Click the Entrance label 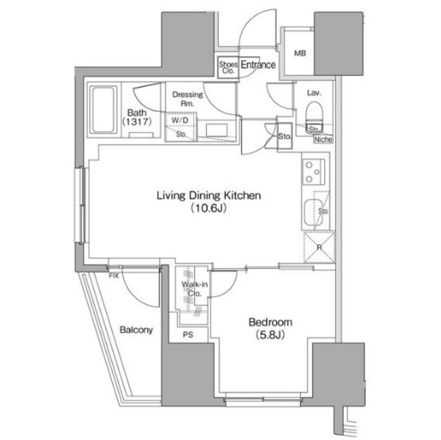click(x=257, y=65)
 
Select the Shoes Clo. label click(x=227, y=66)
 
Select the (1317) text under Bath click(x=137, y=122)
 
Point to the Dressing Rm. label click(x=185, y=98)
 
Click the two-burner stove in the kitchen click(x=314, y=169)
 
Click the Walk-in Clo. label click(x=191, y=289)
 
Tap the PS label click(x=187, y=335)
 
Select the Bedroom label click(x=270, y=322)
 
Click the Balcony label click(x=136, y=330)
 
